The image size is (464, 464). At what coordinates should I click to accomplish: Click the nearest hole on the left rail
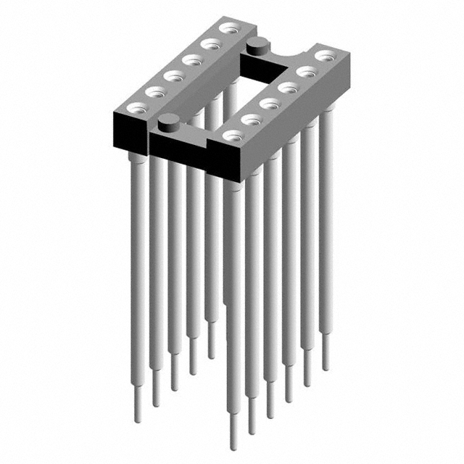tap(136, 107)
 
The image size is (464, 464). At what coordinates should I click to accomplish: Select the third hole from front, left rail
tap(173, 75)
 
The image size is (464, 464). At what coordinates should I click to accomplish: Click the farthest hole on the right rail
tap(324, 54)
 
